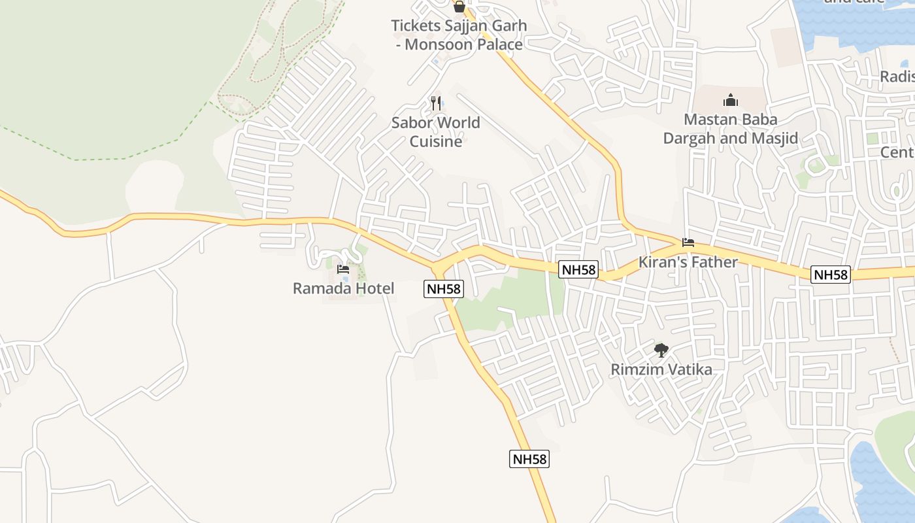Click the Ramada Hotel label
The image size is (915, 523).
point(343,288)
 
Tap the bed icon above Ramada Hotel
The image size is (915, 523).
point(343,269)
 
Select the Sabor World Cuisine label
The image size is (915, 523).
point(435,132)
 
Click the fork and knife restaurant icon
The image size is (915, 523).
point(436,103)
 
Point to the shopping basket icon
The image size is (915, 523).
point(459,7)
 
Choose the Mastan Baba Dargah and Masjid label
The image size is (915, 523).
point(730,129)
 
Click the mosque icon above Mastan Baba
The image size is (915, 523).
point(730,100)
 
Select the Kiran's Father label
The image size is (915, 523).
point(688,262)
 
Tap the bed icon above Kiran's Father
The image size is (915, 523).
point(688,243)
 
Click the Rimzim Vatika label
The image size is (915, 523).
point(661,369)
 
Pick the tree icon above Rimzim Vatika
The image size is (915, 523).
point(661,350)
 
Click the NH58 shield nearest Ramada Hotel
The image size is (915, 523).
point(443,288)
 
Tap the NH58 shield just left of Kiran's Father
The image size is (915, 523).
point(578,269)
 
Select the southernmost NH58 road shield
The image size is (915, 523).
point(529,459)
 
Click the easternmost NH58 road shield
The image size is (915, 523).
point(831,275)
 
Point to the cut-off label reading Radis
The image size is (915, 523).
point(897,76)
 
